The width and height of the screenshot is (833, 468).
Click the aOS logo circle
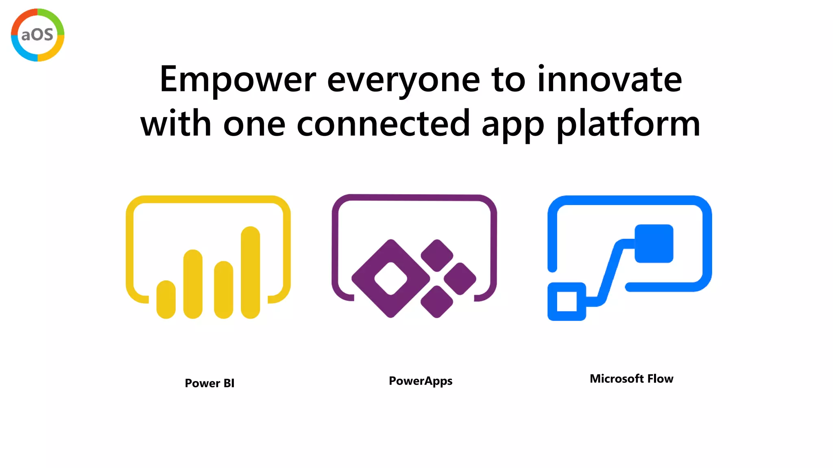(x=37, y=35)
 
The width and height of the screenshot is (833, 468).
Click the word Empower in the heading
(x=238, y=80)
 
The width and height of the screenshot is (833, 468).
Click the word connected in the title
(x=383, y=123)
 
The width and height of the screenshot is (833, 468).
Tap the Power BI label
(x=209, y=383)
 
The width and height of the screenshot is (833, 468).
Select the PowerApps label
(x=420, y=381)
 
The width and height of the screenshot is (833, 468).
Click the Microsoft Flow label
(x=631, y=379)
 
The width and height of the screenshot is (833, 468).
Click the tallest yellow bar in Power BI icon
(x=250, y=272)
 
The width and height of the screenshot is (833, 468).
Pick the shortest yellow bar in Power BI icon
(x=166, y=299)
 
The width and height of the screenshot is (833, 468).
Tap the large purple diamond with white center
(x=390, y=279)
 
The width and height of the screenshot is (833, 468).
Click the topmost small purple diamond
(x=437, y=256)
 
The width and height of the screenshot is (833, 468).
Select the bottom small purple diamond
(x=437, y=301)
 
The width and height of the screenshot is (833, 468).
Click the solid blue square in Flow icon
(x=654, y=243)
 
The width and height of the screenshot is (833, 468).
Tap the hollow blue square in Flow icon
(x=567, y=301)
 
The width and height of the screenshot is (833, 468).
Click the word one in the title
(x=254, y=124)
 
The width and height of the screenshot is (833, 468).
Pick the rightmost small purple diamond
(x=460, y=279)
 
